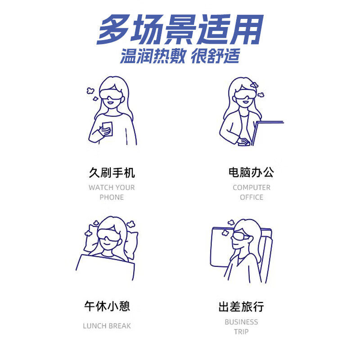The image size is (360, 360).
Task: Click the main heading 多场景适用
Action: point(180,31)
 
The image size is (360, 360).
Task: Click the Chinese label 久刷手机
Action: point(112,173)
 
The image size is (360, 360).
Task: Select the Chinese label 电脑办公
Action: point(251,172)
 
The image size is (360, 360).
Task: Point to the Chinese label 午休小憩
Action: point(107,307)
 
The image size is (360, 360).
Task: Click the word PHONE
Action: point(112,197)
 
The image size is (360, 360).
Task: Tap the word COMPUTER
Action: point(252,187)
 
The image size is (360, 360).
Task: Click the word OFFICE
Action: point(252,197)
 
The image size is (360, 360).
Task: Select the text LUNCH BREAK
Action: point(107,326)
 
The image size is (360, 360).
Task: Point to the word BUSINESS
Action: point(241,322)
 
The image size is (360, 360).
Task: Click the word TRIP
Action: point(241,332)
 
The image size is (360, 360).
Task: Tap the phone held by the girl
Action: point(107,127)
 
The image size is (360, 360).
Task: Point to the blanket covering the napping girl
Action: point(106,268)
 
